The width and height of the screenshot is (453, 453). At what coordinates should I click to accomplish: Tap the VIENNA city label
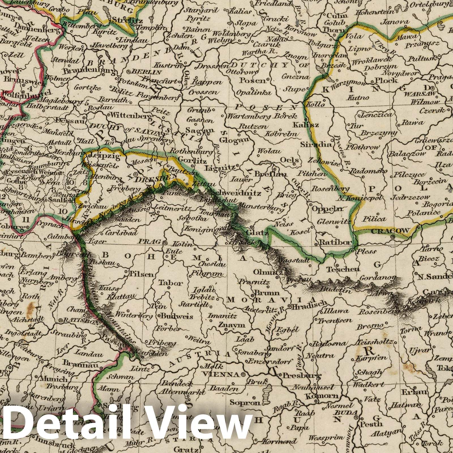click(225, 374)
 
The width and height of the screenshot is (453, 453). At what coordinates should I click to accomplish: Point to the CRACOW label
click(390, 231)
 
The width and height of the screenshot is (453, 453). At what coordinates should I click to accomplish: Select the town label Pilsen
click(141, 274)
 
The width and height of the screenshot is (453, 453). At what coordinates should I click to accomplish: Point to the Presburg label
click(302, 376)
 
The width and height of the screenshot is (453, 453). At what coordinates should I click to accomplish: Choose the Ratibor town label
click(335, 242)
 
